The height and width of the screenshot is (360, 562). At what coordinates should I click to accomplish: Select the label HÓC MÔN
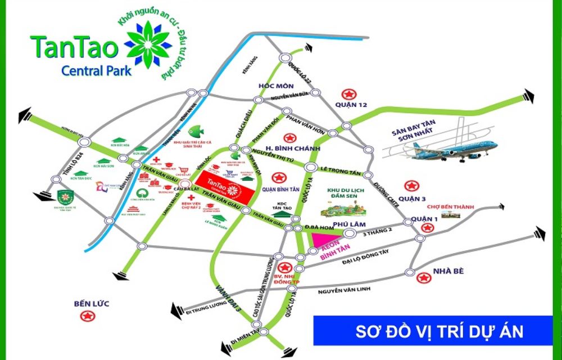coord(273,86)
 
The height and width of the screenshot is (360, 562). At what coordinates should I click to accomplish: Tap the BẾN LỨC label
coord(91,304)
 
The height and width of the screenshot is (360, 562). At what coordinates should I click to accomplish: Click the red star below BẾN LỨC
coord(87,317)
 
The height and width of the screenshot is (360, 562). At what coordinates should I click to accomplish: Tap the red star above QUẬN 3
coord(413,185)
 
